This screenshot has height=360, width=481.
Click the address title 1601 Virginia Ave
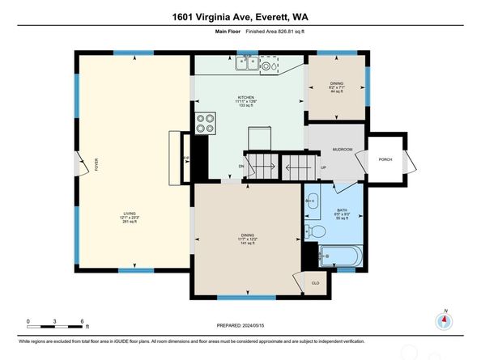point(240,17)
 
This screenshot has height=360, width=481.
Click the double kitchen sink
point(248,62)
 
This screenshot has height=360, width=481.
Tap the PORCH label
point(385,159)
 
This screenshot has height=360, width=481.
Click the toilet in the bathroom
point(319,232)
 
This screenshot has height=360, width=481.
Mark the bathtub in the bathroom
point(338,258)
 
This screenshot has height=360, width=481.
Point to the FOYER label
point(96,166)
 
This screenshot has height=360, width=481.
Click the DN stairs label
point(241,167)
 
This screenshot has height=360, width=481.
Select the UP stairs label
point(323,167)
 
